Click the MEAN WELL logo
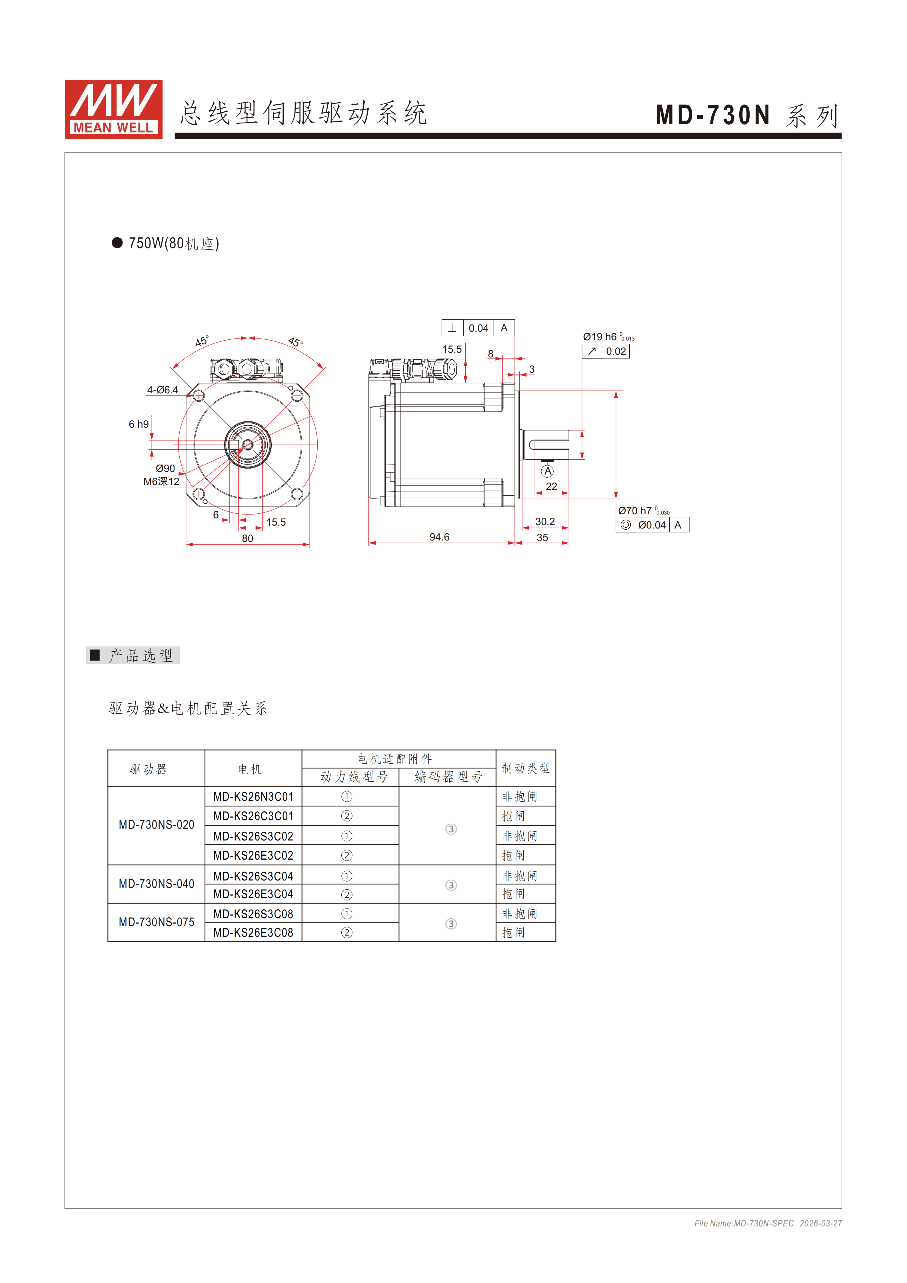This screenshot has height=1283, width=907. pyautogui.click(x=113, y=109)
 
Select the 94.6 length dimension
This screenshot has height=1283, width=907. pyautogui.click(x=439, y=537)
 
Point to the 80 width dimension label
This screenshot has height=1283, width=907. pyautogui.click(x=248, y=539)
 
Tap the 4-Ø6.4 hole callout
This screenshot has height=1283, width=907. pyautogui.click(x=163, y=390)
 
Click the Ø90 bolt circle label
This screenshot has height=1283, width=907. pyautogui.click(x=165, y=468)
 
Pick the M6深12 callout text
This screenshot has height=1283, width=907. pyautogui.click(x=161, y=482)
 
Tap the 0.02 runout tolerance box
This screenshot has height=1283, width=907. pyautogui.click(x=616, y=351)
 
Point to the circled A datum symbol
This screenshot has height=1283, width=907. pyautogui.click(x=548, y=471)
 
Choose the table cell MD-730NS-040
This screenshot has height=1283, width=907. pyautogui.click(x=157, y=884)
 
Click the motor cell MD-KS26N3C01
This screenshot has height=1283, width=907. pyautogui.click(x=253, y=797)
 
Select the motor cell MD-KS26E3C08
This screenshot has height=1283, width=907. pyautogui.click(x=253, y=933)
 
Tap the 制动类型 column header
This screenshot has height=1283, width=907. pyautogui.click(x=525, y=768)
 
